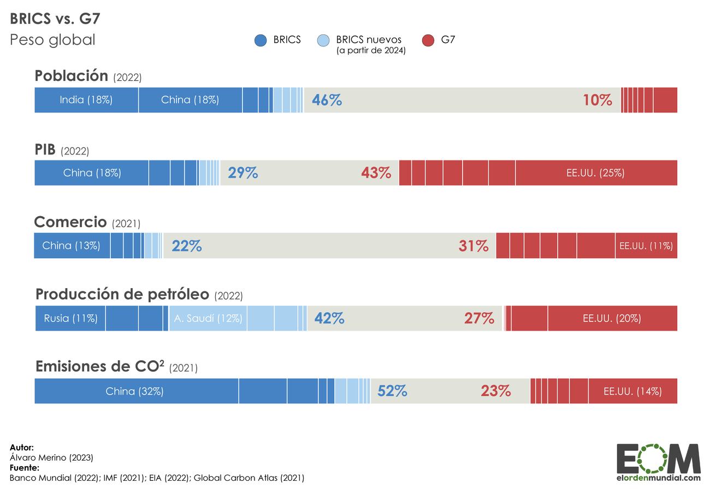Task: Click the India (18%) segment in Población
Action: click(x=86, y=100)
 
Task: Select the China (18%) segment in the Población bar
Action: click(x=190, y=100)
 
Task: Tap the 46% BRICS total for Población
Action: click(x=327, y=100)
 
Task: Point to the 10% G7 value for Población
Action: click(x=597, y=100)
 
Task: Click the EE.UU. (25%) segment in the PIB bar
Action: click(x=596, y=173)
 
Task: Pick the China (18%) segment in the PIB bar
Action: click(x=92, y=173)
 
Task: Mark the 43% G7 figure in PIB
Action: click(x=376, y=173)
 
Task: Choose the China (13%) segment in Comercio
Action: click(x=72, y=246)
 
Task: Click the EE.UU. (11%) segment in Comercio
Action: click(x=646, y=246)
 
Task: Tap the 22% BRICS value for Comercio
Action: click(x=187, y=246)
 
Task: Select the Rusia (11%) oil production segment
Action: click(x=70, y=318)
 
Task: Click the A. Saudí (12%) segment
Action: click(x=208, y=318)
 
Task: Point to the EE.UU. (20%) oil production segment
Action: click(x=612, y=318)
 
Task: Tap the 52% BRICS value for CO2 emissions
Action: click(x=392, y=391)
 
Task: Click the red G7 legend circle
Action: click(x=429, y=40)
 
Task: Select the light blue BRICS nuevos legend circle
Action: click(x=324, y=40)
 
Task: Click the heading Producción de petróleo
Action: click(x=122, y=294)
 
